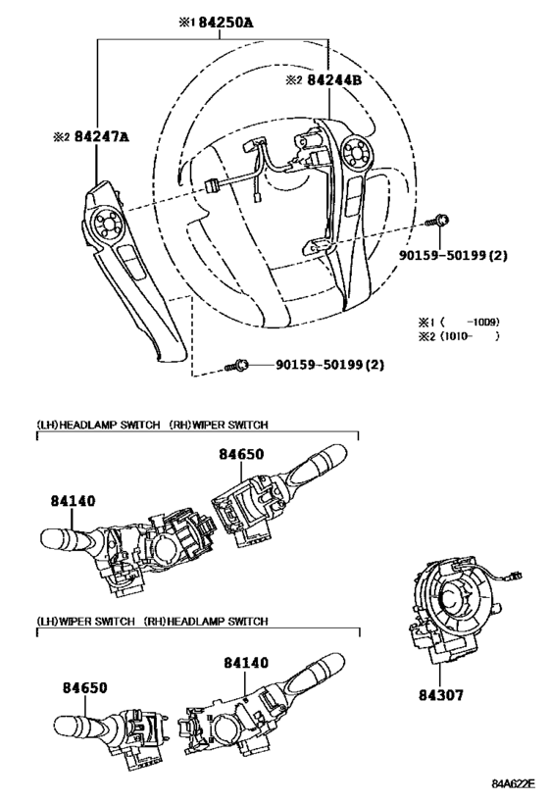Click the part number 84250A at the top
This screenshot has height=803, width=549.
[225, 23]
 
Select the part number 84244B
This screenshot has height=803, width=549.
[334, 79]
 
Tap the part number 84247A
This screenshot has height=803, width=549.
[101, 136]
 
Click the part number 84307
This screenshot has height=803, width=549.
[441, 695]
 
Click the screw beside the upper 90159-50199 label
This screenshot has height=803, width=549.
[437, 222]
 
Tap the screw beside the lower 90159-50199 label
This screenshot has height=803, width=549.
[237, 365]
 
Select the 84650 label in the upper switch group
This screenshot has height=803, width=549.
[242, 454]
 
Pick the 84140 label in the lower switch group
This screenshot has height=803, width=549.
[246, 663]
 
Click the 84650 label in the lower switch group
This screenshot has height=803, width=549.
[85, 687]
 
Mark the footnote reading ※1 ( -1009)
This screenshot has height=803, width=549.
[459, 323]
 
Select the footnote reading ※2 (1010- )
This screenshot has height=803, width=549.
[459, 336]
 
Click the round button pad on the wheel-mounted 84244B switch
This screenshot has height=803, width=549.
[357, 151]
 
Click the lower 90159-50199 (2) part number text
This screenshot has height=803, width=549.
[329, 365]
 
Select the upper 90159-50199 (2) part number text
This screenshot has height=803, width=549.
[453, 255]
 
